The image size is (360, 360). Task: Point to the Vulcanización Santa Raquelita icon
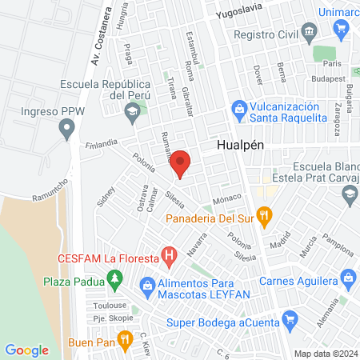[x=238, y=108]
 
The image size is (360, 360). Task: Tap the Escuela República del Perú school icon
[x=130, y=111]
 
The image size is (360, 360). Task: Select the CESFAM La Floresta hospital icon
[x=169, y=258]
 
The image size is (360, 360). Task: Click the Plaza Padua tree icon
[x=115, y=278]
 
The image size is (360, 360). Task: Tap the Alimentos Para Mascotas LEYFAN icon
[x=147, y=284]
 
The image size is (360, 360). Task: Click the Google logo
[x=26, y=350]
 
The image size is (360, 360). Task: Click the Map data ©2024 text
[x=325, y=354]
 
